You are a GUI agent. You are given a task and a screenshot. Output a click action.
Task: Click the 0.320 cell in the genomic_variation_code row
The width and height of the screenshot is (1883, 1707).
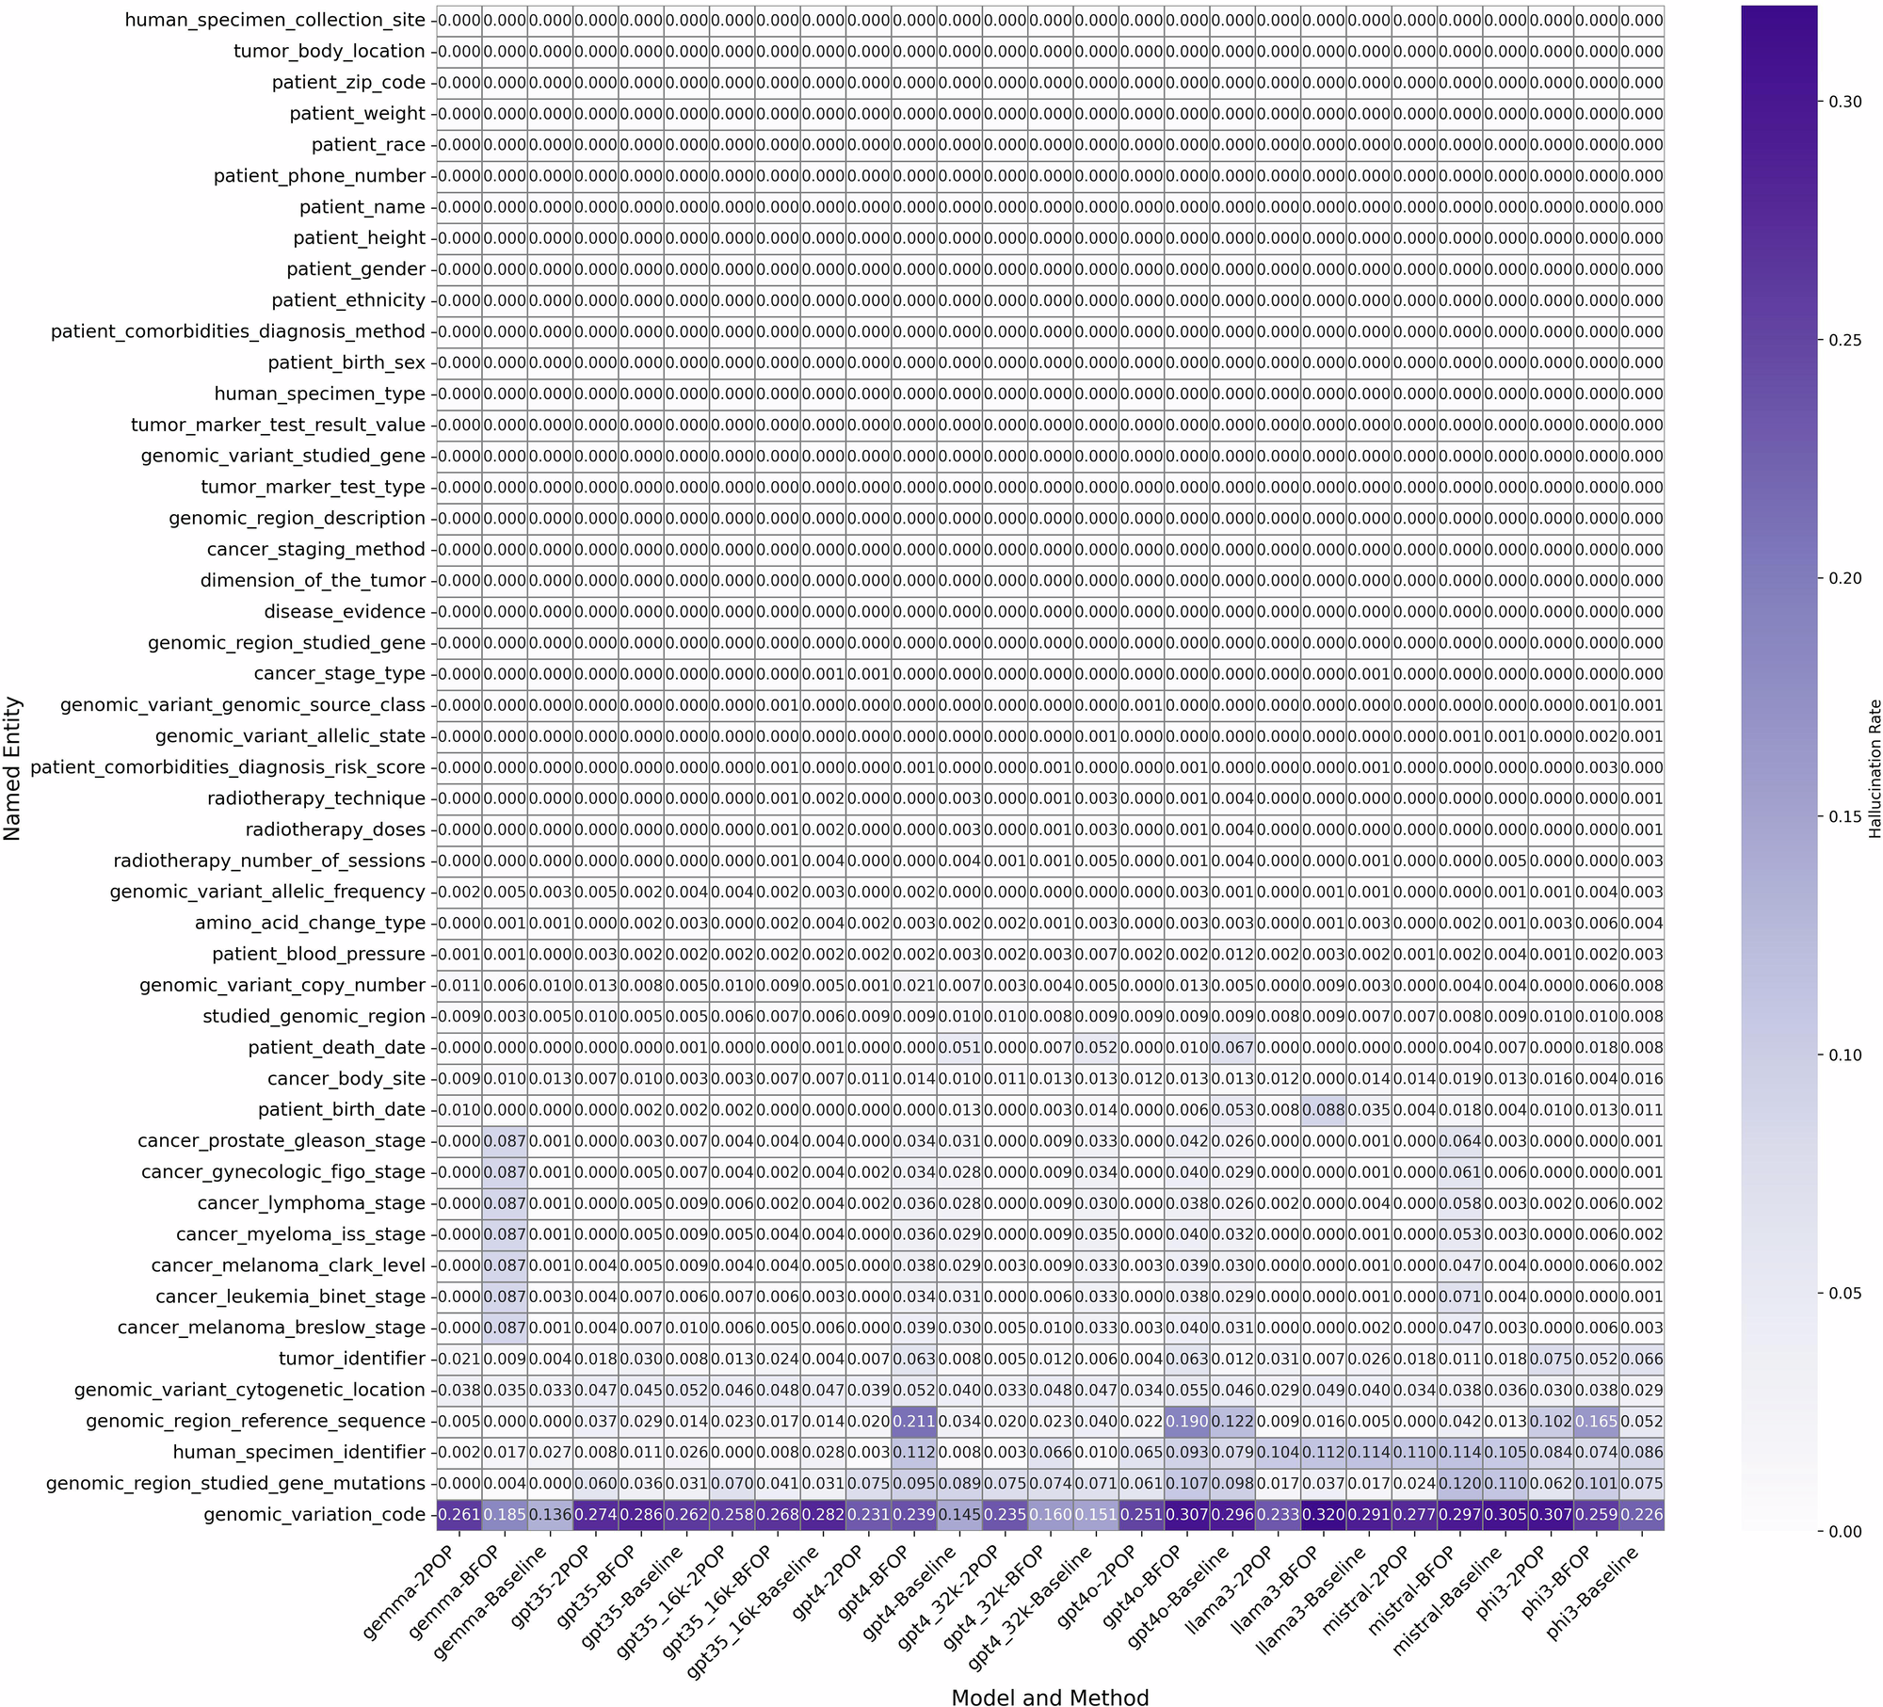point(1322,1515)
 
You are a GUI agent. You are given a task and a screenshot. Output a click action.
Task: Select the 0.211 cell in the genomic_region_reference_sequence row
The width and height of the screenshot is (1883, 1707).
point(912,1421)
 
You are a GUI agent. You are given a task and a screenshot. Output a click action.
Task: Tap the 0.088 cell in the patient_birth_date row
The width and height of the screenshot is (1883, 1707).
point(1322,1110)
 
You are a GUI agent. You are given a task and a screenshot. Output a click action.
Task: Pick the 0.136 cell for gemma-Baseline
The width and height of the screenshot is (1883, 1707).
point(550,1515)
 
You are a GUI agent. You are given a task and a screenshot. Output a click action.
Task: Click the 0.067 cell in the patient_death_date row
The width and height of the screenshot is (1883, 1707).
point(1231,1048)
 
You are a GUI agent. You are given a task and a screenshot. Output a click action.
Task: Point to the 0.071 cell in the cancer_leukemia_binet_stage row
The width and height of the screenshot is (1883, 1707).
point(1458,1296)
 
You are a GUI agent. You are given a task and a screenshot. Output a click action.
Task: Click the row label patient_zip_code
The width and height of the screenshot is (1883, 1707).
point(348,83)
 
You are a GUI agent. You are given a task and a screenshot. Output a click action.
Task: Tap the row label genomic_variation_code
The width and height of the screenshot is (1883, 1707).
point(314,1515)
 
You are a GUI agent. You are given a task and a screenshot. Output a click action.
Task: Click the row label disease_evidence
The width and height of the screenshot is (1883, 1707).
point(344,612)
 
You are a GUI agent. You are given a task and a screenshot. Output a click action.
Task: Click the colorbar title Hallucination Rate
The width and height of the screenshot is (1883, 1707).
point(1874,767)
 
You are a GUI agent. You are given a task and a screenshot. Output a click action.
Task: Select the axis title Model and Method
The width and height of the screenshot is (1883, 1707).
point(1049,1691)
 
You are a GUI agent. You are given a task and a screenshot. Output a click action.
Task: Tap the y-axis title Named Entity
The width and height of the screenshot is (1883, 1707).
point(12,767)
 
